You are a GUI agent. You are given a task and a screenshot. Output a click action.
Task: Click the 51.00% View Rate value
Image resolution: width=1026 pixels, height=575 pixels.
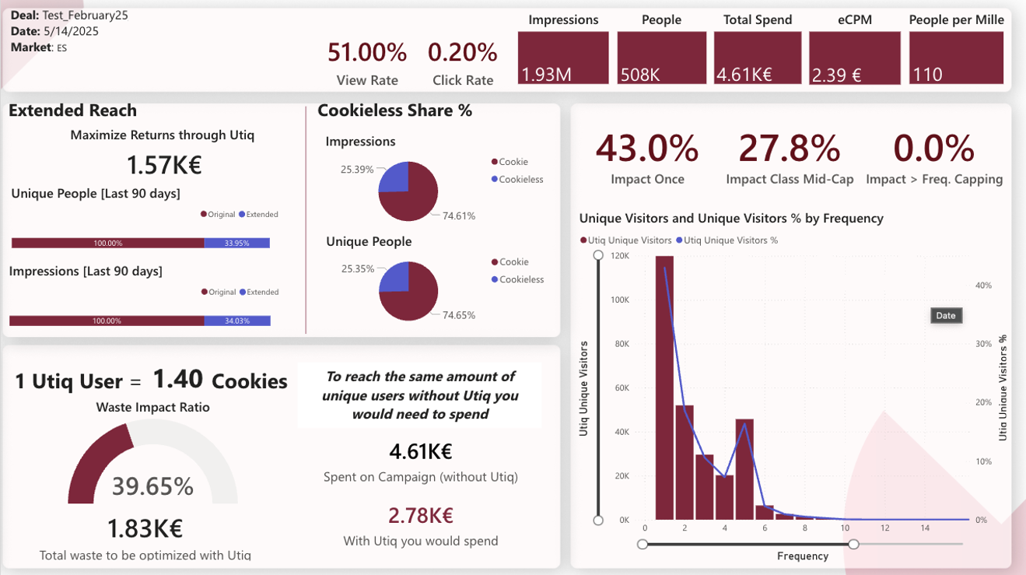tap(367, 53)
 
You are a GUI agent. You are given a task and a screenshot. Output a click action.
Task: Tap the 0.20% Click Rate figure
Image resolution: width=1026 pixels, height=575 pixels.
tap(463, 53)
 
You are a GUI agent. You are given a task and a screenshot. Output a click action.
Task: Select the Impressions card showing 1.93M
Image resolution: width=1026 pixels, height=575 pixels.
tap(563, 58)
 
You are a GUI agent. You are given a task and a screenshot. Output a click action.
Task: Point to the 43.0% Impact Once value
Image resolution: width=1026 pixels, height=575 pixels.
tap(647, 148)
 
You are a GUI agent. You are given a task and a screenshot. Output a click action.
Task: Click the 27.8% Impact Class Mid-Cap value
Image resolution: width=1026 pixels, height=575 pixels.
tap(790, 148)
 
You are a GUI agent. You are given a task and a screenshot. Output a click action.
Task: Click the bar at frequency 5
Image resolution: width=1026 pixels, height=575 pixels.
tap(744, 469)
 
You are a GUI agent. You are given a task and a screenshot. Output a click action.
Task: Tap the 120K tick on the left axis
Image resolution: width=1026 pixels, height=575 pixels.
tap(620, 256)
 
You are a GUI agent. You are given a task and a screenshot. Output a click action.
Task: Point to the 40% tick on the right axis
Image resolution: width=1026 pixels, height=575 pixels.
tap(983, 286)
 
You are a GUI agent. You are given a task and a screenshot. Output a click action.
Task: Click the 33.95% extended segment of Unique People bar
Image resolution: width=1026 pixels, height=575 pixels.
tap(236, 244)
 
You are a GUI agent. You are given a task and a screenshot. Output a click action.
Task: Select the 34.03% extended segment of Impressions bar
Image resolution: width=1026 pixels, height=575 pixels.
tap(236, 321)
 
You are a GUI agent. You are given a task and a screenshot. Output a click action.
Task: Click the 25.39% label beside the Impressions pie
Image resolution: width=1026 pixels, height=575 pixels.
tap(357, 169)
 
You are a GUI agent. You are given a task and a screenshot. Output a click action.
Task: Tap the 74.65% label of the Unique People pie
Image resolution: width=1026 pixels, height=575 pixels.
tap(459, 315)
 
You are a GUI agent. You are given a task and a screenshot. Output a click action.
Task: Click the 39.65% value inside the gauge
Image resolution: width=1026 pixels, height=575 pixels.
tap(152, 486)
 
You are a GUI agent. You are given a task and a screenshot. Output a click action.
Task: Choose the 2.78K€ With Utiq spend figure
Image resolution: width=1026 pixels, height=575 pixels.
tap(421, 516)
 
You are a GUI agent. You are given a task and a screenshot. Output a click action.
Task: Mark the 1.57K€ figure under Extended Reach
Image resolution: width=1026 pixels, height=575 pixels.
tap(164, 166)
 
